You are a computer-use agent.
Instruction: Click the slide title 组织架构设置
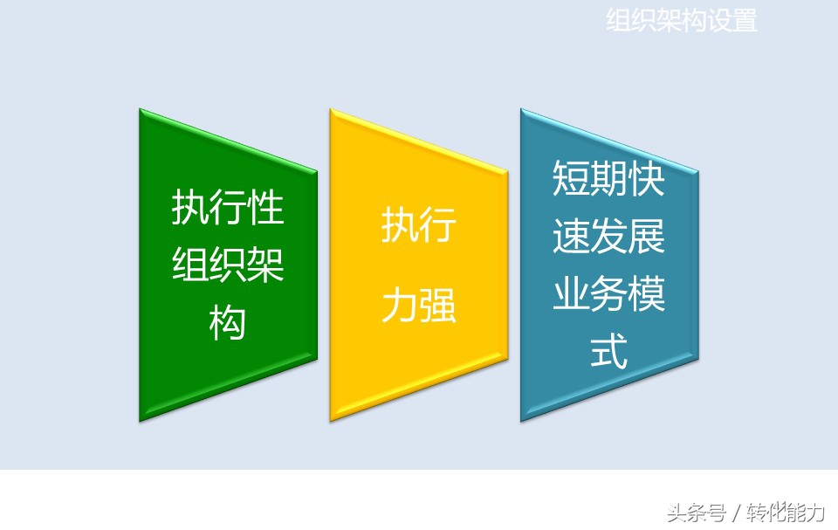682,21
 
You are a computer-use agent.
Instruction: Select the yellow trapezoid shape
418,367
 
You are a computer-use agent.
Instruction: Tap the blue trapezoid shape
608,393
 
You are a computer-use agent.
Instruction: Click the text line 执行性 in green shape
227,209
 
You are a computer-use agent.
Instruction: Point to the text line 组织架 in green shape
227,265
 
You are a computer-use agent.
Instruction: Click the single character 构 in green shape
227,323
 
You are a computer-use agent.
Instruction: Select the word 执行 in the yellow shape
418,226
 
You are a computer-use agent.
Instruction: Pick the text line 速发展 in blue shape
608,237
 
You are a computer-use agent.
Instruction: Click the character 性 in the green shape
265,209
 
